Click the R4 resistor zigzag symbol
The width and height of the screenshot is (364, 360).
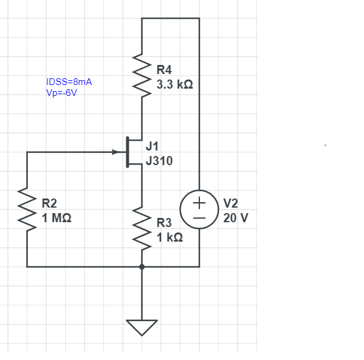click(x=142, y=76)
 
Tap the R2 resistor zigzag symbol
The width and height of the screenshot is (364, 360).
click(x=27, y=209)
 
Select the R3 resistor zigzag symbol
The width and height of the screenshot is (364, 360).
click(x=142, y=229)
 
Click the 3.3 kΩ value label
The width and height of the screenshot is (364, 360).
click(x=174, y=84)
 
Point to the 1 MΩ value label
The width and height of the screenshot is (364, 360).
click(x=57, y=218)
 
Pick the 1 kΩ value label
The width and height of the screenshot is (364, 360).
click(x=170, y=237)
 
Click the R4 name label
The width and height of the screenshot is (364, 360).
click(x=164, y=70)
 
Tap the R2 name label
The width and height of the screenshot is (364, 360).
click(x=49, y=203)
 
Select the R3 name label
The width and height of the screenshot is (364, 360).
click(x=164, y=223)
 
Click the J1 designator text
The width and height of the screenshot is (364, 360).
click(x=152, y=146)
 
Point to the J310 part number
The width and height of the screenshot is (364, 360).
click(x=159, y=161)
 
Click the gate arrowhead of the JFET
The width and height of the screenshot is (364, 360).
click(x=116, y=152)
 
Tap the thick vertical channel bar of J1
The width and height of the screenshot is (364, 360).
click(x=128, y=152)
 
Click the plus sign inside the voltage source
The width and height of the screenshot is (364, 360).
click(x=199, y=203)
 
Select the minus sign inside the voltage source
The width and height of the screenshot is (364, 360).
click(x=199, y=218)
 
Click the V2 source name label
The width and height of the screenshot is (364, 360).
click(x=230, y=203)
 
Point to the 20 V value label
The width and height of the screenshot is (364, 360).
click(x=236, y=218)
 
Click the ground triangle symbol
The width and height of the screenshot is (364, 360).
click(x=142, y=328)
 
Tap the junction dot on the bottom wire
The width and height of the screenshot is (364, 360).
click(x=142, y=267)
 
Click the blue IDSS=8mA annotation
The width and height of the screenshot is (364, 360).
click(x=69, y=82)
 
